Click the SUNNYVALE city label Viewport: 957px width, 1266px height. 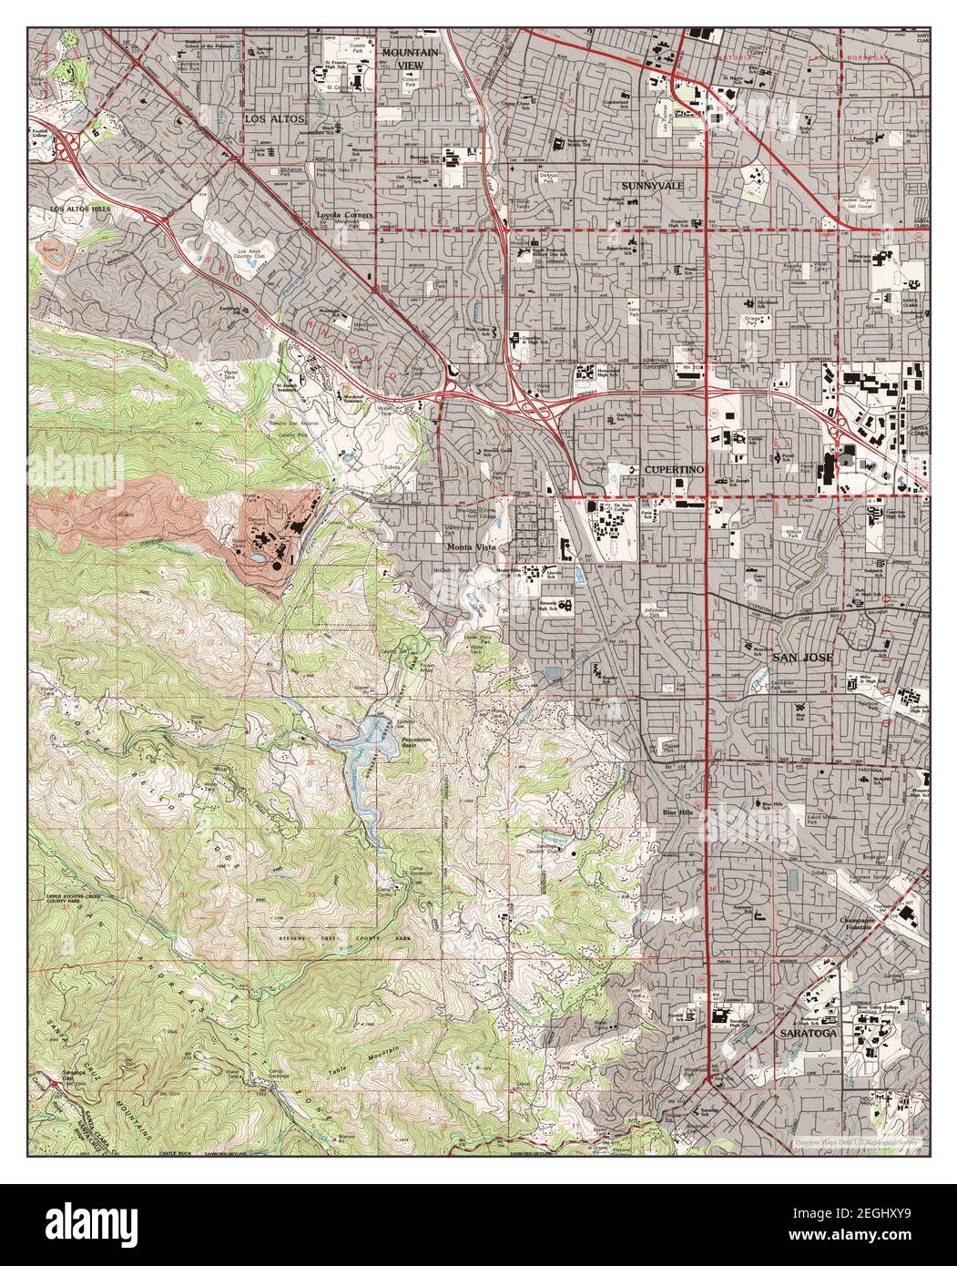tap(652, 185)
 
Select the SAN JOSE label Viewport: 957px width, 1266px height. tap(799, 658)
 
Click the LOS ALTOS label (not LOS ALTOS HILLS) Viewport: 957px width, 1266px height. tap(274, 118)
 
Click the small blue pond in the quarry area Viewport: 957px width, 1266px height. tap(260, 557)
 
